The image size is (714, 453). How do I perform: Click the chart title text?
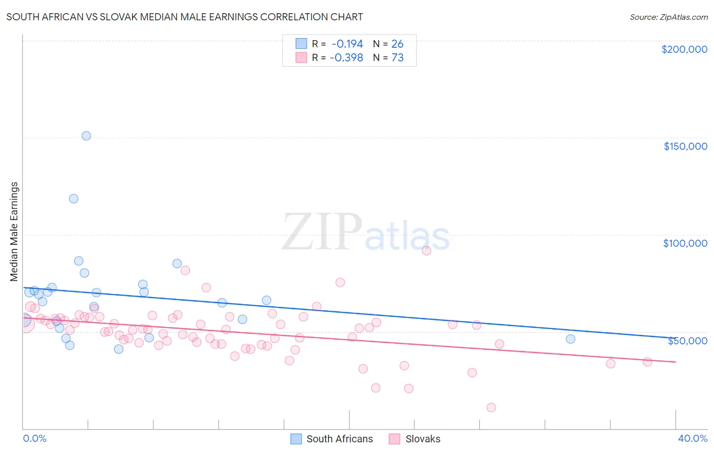tap(184, 17)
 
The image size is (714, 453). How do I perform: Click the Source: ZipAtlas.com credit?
tap(668, 17)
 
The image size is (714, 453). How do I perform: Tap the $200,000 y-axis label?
tap(684, 49)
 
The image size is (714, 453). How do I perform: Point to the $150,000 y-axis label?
tap(685, 146)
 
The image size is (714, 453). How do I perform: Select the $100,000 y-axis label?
tap(685, 243)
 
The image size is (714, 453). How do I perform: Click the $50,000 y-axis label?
tap(687, 341)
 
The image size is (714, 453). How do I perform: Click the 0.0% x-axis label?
tap(35, 438)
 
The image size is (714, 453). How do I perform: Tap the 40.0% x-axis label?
tap(692, 438)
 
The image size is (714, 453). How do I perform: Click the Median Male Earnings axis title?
tap(14, 231)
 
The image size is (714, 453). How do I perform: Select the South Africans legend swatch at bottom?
tap(296, 439)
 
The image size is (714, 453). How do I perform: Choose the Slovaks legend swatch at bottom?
tap(395, 439)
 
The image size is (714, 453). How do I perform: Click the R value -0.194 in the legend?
tap(347, 44)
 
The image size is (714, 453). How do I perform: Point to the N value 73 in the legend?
tap(397, 58)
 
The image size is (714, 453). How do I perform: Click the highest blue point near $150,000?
tap(86, 136)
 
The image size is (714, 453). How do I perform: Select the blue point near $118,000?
tap(74, 199)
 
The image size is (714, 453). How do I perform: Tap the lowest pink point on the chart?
tap(491, 407)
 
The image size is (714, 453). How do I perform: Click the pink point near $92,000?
tap(427, 250)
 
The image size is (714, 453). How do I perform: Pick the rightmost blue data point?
tap(571, 339)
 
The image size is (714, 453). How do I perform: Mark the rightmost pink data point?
tap(647, 362)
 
